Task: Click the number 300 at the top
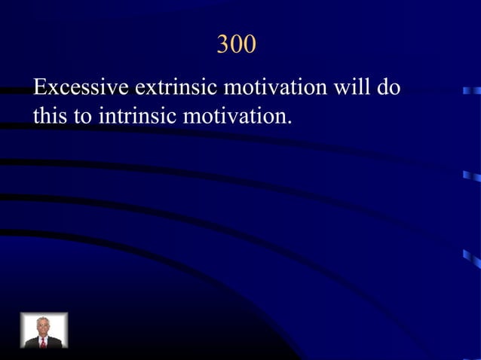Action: (236, 44)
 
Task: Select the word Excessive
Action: (81, 87)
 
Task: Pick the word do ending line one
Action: (389, 87)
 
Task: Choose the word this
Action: (49, 117)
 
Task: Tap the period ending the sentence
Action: (289, 122)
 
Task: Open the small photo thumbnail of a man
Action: (44, 330)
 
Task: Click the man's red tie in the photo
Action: (44, 343)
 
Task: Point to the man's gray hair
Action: (43, 320)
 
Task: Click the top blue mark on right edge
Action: (472, 90)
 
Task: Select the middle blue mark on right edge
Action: (472, 176)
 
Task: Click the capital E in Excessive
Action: (39, 87)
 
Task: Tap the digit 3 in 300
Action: (223, 44)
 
